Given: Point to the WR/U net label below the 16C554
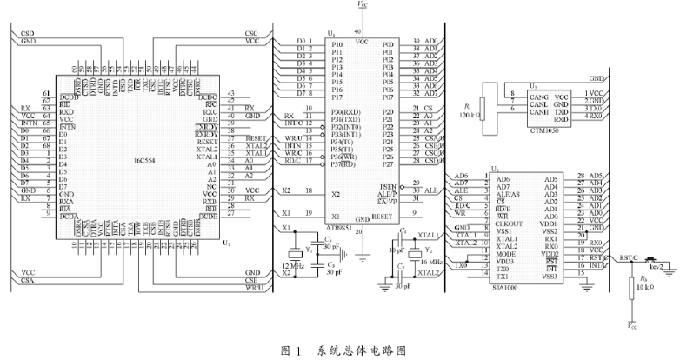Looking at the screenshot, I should [254, 288].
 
